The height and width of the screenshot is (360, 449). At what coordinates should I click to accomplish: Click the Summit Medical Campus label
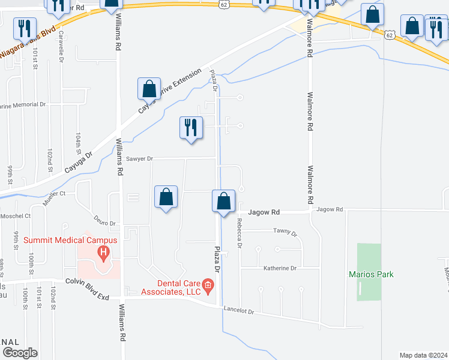click(70, 241)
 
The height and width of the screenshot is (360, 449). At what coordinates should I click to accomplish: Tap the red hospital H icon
click(103, 254)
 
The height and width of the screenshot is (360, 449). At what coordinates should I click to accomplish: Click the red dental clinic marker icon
click(208, 284)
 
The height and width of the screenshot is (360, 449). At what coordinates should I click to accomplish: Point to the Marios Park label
click(371, 274)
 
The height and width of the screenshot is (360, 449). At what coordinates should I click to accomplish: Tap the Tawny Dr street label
click(285, 231)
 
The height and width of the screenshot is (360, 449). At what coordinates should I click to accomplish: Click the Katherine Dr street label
click(280, 268)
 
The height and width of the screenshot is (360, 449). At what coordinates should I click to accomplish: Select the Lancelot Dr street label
click(239, 311)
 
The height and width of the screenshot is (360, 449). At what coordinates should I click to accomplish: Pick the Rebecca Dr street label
click(239, 233)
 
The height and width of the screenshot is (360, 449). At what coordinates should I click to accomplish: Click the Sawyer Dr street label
click(140, 159)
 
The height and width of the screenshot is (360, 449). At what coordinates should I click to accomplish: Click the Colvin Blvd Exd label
click(89, 281)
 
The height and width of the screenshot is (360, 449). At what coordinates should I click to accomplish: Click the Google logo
click(19, 353)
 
